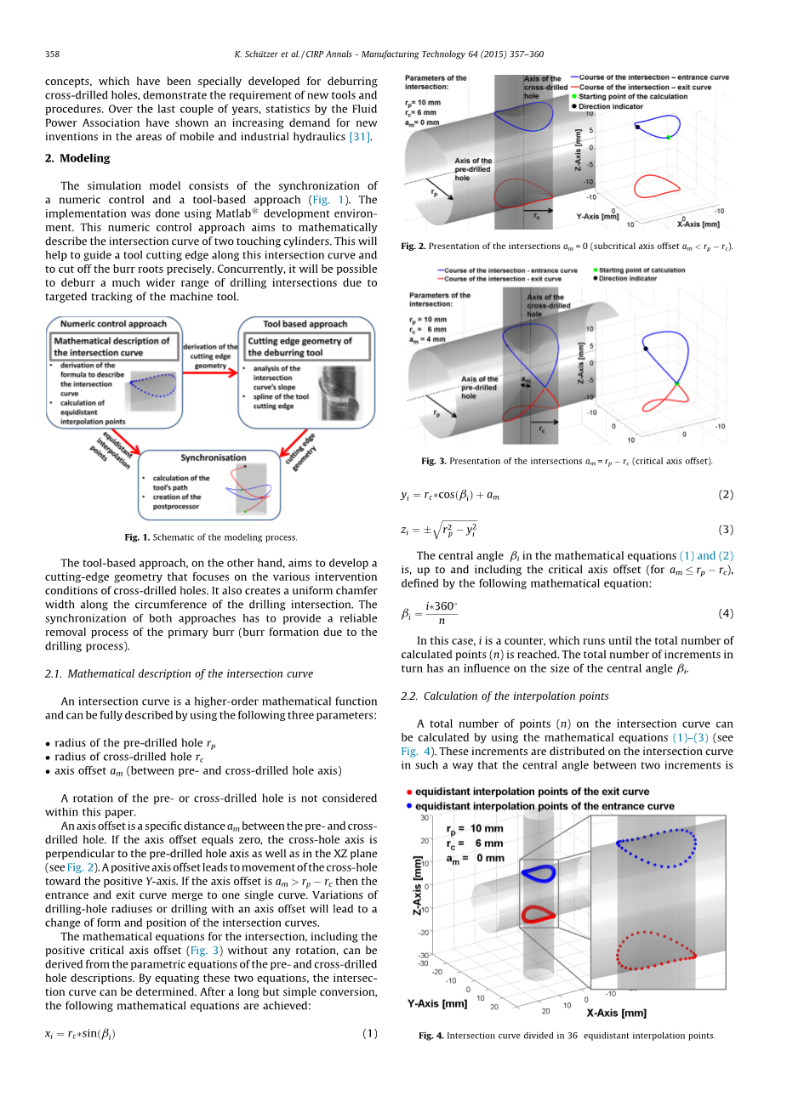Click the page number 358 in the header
pyautogui.click(x=52, y=54)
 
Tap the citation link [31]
pyautogui.click(x=360, y=137)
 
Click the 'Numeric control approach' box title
pyautogui.click(x=113, y=324)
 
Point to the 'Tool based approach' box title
pyautogui.click(x=305, y=324)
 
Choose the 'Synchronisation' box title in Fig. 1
pyautogui.click(x=214, y=457)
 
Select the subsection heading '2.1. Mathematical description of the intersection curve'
pyautogui.click(x=179, y=674)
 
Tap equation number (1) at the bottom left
pyautogui.click(x=369, y=1034)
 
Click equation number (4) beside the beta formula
pyautogui.click(x=725, y=613)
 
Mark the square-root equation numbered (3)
pyautogui.click(x=439, y=530)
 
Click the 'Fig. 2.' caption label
pyautogui.click(x=413, y=247)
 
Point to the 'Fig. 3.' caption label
pyautogui.click(x=434, y=462)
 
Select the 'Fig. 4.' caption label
pyautogui.click(x=431, y=1036)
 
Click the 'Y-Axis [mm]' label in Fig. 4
pyautogui.click(x=437, y=1003)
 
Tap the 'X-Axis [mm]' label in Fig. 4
pyautogui.click(x=616, y=1013)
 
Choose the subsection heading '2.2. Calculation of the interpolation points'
pyautogui.click(x=505, y=696)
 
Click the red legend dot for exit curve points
pyautogui.click(x=409, y=792)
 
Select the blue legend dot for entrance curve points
pyautogui.click(x=409, y=806)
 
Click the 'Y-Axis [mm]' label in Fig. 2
pyautogui.click(x=597, y=217)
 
